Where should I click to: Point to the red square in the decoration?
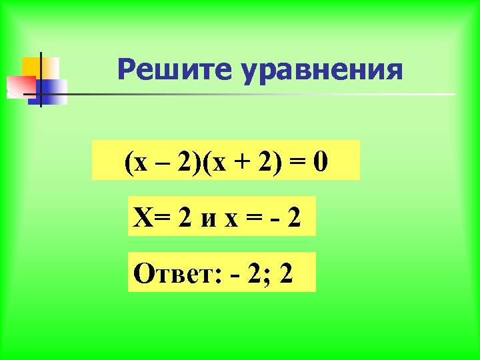(20, 86)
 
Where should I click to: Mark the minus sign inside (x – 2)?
(160, 162)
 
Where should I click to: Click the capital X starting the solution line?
(141, 217)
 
